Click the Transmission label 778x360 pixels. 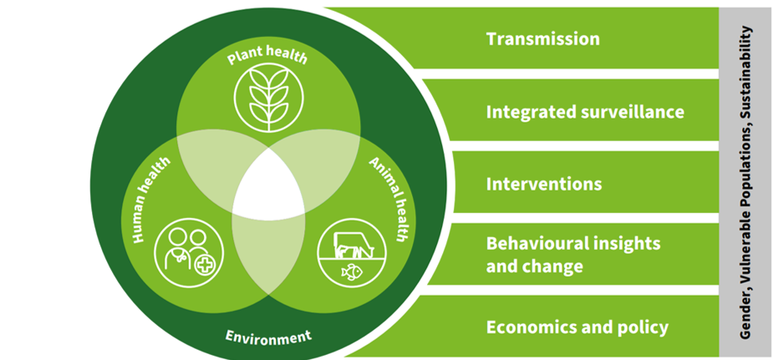point(543,38)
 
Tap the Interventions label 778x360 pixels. point(544,183)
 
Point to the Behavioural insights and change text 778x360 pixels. point(573,255)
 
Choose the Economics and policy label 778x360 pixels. point(577,327)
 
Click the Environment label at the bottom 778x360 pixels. point(268,337)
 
